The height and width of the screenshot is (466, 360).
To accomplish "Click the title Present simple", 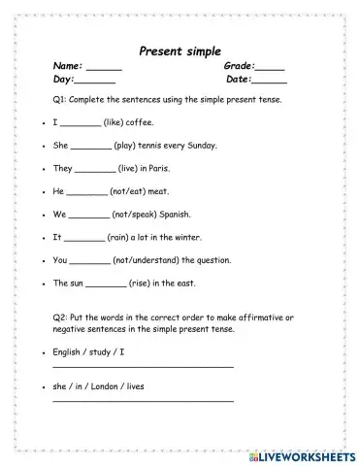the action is [x=180, y=50].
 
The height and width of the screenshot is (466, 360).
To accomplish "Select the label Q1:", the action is [x=61, y=101].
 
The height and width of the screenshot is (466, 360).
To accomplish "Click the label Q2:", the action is [x=61, y=317].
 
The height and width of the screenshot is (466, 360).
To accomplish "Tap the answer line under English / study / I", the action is [x=143, y=366].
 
